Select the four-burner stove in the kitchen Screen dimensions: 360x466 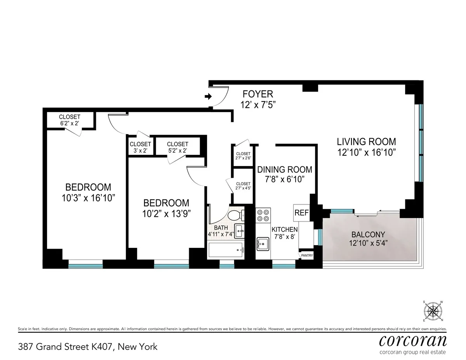[263, 215]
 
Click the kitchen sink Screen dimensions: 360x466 [263, 244]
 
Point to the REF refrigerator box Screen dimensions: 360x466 [301, 213]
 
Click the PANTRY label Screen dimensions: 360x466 [307, 256]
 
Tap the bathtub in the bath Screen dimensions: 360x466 [226, 250]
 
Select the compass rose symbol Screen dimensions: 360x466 [433, 311]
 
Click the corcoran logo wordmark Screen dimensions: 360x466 [412, 341]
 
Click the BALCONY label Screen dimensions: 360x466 [368, 235]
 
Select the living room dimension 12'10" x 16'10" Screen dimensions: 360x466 [366, 152]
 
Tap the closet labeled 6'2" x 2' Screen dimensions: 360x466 [70, 120]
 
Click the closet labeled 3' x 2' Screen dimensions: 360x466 [140, 147]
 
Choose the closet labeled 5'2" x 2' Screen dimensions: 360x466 [177, 147]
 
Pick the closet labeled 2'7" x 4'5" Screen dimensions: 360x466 [243, 186]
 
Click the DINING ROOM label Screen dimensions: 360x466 [285, 170]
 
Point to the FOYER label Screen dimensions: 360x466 [258, 94]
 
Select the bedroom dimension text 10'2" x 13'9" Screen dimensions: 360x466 [166, 214]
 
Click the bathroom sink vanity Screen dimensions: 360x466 [240, 232]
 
